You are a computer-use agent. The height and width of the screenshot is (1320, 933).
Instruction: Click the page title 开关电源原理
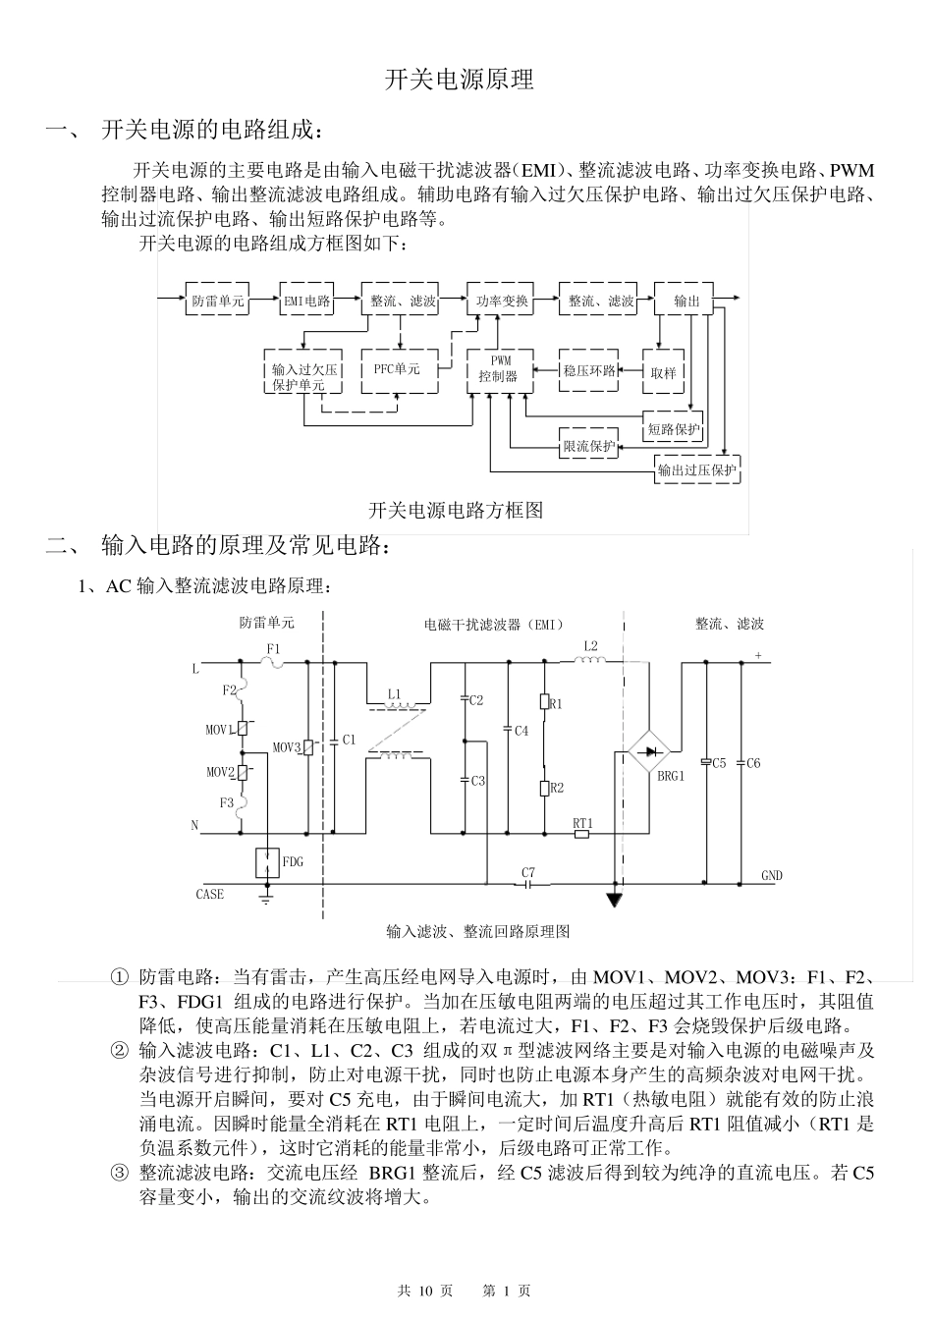pyautogui.click(x=459, y=81)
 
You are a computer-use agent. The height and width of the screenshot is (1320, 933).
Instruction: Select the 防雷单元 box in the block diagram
pyautogui.click(x=217, y=301)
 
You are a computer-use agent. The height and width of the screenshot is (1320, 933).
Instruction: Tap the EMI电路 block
pyautogui.click(x=306, y=301)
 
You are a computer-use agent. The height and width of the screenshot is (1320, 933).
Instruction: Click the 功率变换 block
pyautogui.click(x=501, y=301)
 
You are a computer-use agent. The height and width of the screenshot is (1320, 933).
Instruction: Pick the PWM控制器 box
pyautogui.click(x=499, y=369)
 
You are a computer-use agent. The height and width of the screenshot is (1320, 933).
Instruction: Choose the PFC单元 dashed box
pyautogui.click(x=398, y=370)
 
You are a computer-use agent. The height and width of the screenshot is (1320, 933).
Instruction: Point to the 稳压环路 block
pyautogui.click(x=589, y=370)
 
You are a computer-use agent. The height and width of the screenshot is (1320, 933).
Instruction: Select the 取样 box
pyautogui.click(x=663, y=372)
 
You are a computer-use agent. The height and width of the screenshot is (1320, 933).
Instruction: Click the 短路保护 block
pyautogui.click(x=674, y=428)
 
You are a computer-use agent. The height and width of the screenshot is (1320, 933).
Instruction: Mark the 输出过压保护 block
pyautogui.click(x=696, y=470)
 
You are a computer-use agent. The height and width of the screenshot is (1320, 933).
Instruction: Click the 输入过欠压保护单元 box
pyautogui.click(x=304, y=377)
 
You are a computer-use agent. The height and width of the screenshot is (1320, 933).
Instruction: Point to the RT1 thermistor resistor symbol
pyautogui.click(x=581, y=835)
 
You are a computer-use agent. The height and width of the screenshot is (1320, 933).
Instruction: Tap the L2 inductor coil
pyautogui.click(x=589, y=661)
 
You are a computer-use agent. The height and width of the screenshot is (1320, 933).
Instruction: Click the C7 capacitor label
pyautogui.click(x=528, y=872)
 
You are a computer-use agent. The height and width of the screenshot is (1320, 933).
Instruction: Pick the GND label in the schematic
pyautogui.click(x=772, y=875)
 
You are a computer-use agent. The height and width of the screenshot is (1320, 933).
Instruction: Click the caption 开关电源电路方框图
pyautogui.click(x=456, y=510)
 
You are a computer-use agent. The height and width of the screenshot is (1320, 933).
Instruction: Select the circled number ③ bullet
pyautogui.click(x=119, y=1172)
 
